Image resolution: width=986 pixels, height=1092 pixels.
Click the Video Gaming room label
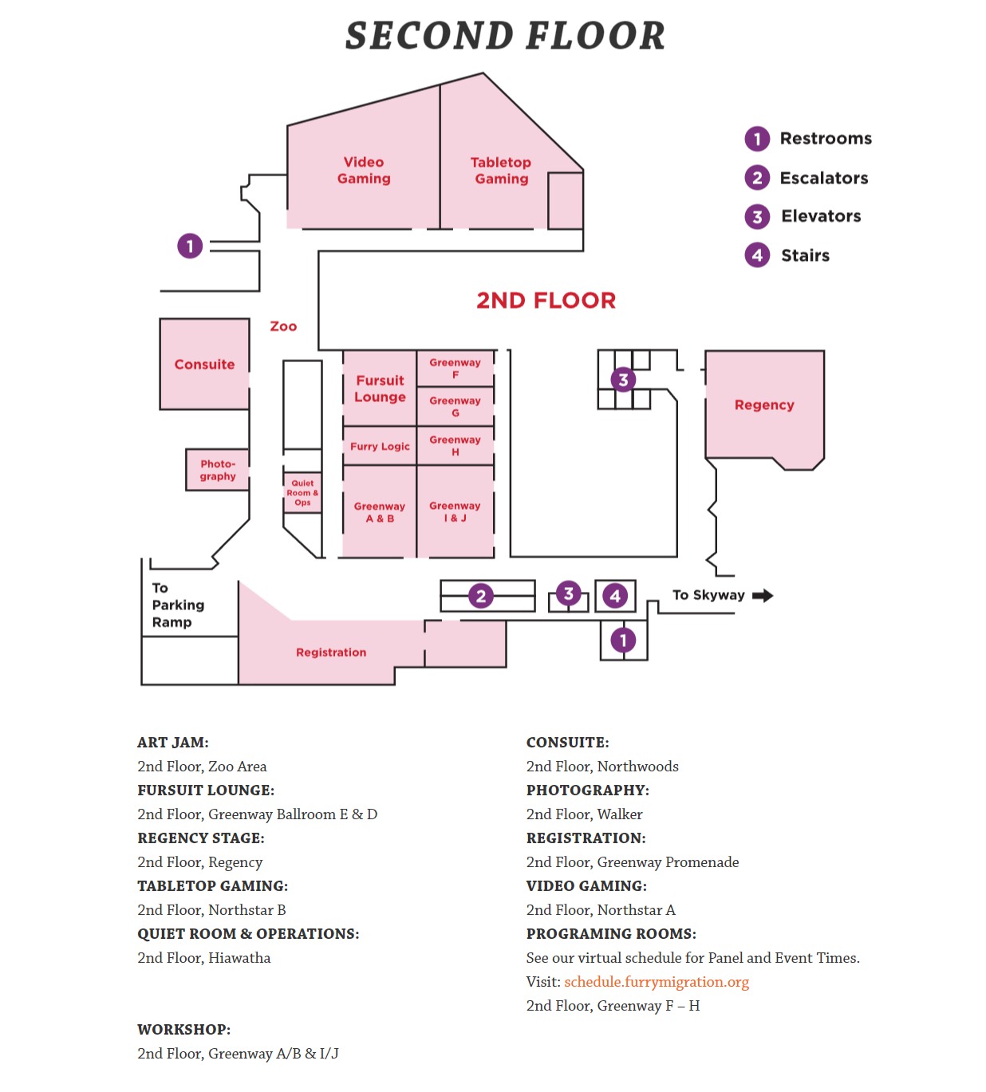[x=364, y=171]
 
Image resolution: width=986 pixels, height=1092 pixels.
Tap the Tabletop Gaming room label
[x=501, y=171]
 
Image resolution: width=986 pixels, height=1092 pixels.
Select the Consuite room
[x=205, y=365]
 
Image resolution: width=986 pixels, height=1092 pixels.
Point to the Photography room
[x=218, y=470]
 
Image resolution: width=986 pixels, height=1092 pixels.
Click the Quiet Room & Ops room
[x=302, y=493]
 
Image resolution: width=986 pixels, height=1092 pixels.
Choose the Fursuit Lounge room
[x=380, y=388]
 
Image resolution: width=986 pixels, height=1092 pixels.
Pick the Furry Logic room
[x=380, y=447]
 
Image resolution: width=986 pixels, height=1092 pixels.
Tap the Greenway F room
[x=456, y=369]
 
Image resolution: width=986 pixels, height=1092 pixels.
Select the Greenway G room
[x=456, y=407]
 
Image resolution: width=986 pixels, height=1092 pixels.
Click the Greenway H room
[x=456, y=446]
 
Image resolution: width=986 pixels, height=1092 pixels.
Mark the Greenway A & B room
[x=380, y=512]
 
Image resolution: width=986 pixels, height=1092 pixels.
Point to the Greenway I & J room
[x=456, y=511]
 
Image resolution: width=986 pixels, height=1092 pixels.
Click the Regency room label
[x=764, y=405]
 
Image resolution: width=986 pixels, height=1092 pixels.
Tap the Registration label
[x=331, y=652]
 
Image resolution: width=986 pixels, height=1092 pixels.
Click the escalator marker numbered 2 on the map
[x=480, y=596]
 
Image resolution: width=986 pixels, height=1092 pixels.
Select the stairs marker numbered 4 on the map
[x=615, y=596]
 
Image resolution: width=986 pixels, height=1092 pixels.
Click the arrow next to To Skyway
[x=763, y=596]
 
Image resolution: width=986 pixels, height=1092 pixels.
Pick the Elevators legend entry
[x=820, y=216]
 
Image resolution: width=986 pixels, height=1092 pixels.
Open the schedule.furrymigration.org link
[x=657, y=982]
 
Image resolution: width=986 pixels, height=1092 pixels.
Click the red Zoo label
[x=283, y=326]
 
